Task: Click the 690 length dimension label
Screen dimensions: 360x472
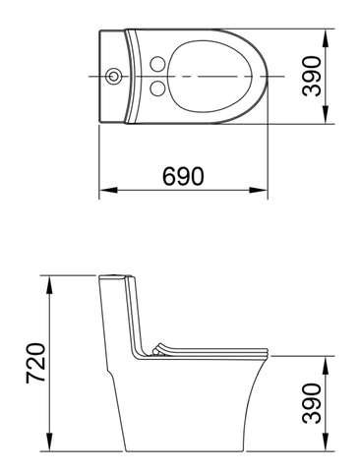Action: tap(183, 176)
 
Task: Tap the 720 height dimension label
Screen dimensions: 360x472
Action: tap(35, 363)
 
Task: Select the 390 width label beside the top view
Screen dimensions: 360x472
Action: tap(311, 77)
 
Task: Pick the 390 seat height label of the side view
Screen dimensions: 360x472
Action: tap(311, 403)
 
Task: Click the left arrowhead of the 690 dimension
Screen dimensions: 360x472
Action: tap(108, 190)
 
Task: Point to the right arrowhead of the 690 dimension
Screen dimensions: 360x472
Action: tap(259, 190)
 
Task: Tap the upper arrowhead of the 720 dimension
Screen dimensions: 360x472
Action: tap(49, 285)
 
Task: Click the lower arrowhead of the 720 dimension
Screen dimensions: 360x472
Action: tap(49, 442)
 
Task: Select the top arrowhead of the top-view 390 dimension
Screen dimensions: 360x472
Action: tap(325, 38)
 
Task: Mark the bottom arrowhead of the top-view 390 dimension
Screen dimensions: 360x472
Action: tap(325, 115)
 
